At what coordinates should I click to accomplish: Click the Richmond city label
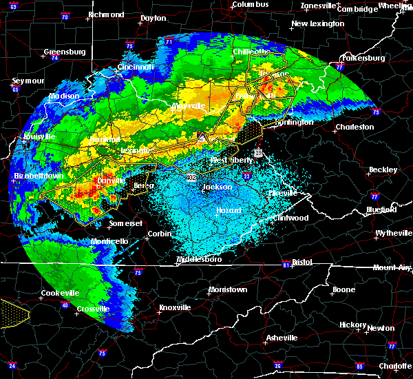106,14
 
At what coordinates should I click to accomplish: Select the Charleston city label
355,127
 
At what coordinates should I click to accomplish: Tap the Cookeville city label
61,293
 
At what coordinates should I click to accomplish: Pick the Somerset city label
125,224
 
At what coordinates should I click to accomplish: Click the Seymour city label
28,81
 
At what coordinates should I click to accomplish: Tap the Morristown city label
228,289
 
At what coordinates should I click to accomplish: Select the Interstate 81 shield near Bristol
286,265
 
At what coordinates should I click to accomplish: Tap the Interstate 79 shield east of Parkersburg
376,112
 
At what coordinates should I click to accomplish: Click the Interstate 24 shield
12,365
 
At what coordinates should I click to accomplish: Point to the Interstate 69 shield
13,6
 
